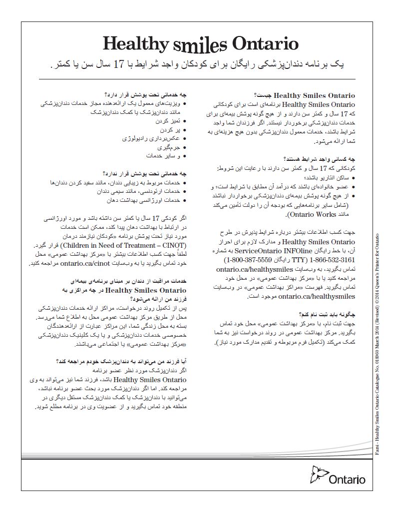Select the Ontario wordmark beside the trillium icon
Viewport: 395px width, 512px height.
(347, 481)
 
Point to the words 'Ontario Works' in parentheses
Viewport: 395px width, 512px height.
(268, 215)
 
